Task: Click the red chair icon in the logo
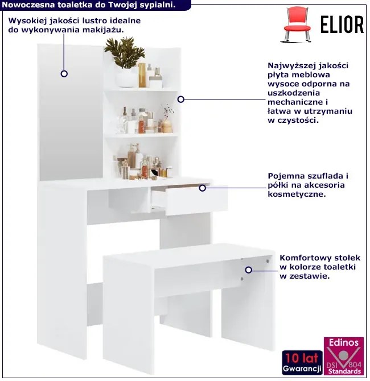tap(297, 24)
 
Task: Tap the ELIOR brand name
tap(342, 24)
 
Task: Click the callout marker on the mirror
tap(64, 73)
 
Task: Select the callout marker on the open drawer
tap(203, 188)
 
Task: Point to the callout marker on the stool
tap(248, 270)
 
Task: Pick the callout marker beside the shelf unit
tap(181, 99)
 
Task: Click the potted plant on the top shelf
tap(125, 62)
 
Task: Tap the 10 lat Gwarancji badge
tap(302, 363)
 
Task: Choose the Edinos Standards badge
tap(344, 356)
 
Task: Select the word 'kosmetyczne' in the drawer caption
tap(297, 194)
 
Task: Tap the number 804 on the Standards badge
tap(355, 365)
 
